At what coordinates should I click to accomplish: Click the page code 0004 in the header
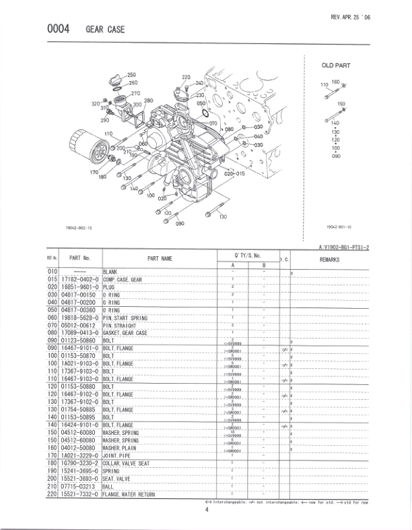59,30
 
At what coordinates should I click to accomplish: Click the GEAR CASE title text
105,30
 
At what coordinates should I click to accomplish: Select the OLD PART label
336,65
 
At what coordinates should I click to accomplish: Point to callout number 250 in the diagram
132,74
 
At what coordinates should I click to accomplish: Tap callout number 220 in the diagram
186,78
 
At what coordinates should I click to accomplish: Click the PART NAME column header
160,258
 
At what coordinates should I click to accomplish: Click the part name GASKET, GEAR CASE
125,332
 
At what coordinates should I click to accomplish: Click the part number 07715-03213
78,487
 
